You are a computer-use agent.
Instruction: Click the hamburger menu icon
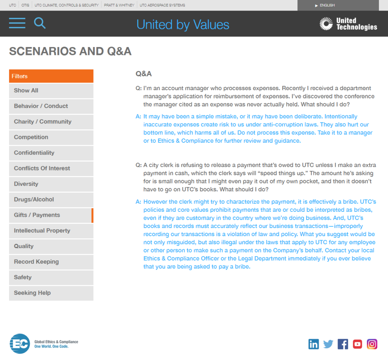17,23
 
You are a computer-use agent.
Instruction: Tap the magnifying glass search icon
39,23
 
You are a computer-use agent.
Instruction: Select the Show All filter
51,91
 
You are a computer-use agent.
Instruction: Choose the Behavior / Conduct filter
51,106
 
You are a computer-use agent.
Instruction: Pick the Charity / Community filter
51,122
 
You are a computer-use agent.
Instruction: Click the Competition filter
51,137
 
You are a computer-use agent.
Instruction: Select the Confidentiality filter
51,153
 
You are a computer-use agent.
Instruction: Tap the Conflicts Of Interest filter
51,168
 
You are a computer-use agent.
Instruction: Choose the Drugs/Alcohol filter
51,199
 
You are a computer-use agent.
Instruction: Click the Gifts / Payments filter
51,215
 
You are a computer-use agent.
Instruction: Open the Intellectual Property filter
51,230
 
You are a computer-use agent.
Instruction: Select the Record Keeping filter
51,261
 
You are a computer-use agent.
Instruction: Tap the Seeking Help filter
51,293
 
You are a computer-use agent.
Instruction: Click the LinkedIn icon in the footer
314,344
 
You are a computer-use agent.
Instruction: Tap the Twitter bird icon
328,344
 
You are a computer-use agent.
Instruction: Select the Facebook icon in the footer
343,344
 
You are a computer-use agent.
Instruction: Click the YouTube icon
357,344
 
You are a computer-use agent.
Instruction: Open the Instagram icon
372,344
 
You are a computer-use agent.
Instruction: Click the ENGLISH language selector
327,5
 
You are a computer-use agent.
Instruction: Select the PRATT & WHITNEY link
119,5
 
